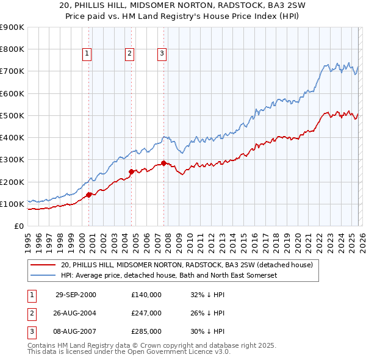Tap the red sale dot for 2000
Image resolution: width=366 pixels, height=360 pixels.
tap(89, 195)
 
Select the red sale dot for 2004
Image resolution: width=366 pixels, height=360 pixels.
tap(131, 172)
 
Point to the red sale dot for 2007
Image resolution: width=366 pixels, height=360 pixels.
tap(163, 163)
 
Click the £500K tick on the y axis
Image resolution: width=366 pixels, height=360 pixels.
tap(12, 115)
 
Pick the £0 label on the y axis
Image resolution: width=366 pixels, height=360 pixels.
tap(18, 226)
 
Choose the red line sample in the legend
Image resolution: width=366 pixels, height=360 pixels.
tap(43, 265)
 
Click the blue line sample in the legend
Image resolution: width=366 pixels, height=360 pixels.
tap(43, 276)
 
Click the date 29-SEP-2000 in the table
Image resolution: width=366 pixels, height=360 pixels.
tap(76, 295)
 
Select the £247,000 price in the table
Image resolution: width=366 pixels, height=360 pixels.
tap(146, 313)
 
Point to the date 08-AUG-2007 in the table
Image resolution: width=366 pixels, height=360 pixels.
tap(76, 331)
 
